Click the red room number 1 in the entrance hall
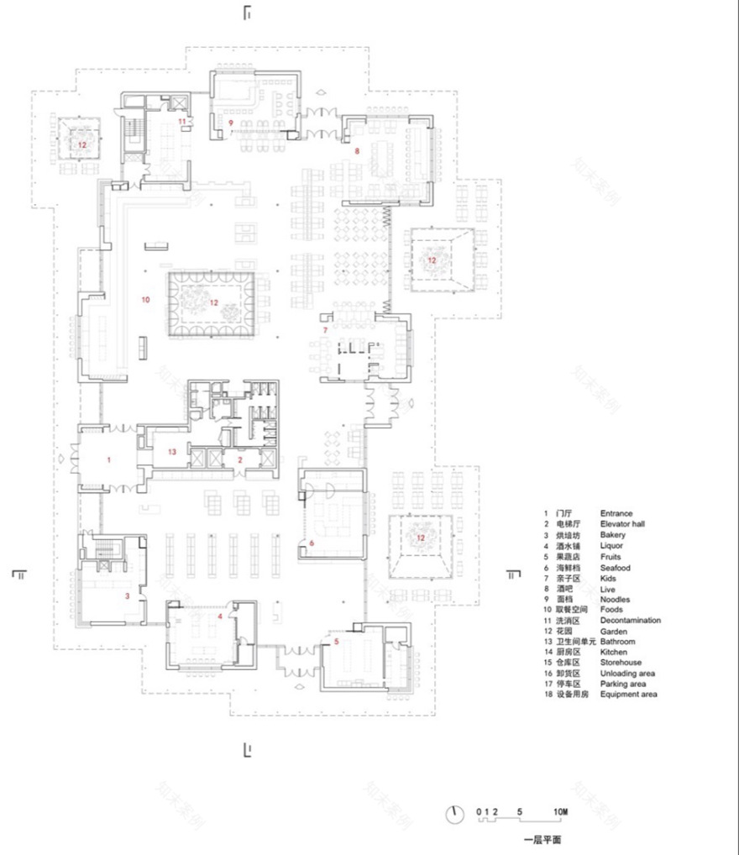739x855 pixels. (x=108, y=460)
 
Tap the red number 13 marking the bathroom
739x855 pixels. (x=172, y=452)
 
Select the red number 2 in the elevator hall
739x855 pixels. (x=239, y=460)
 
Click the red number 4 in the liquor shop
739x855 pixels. (x=220, y=616)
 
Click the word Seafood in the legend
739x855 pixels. (x=615, y=568)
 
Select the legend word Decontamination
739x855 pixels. (x=630, y=621)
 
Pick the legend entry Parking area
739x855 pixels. (x=622, y=684)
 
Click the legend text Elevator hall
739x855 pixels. (x=622, y=524)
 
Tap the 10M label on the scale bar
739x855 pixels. (x=560, y=812)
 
